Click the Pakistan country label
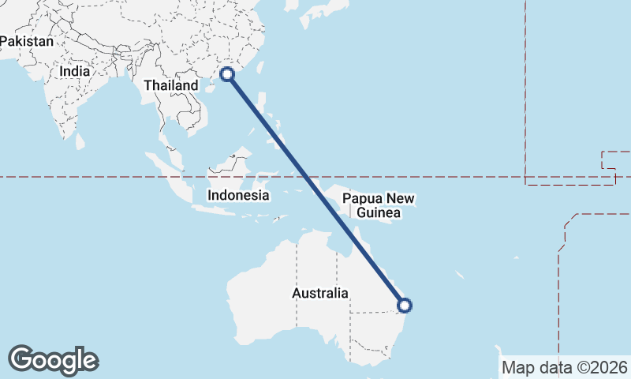27,40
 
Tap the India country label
74,70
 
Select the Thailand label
171,84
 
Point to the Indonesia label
238,195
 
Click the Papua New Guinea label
379,205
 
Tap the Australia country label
319,293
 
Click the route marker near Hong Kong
227,74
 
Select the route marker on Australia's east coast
404,305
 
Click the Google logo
53,359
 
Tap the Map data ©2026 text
565,367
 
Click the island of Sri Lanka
80,141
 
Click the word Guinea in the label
379,213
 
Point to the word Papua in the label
361,198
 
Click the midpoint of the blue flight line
315,189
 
